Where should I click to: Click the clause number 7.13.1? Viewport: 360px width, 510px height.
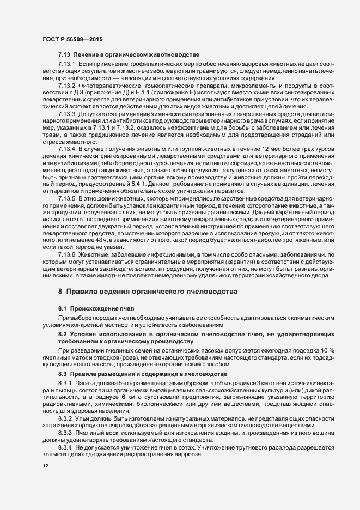click(68, 64)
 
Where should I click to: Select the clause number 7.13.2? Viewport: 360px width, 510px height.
click(68, 86)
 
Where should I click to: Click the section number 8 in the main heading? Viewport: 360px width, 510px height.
click(60, 292)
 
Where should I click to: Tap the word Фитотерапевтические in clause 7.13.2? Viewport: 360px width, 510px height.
click(108, 86)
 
